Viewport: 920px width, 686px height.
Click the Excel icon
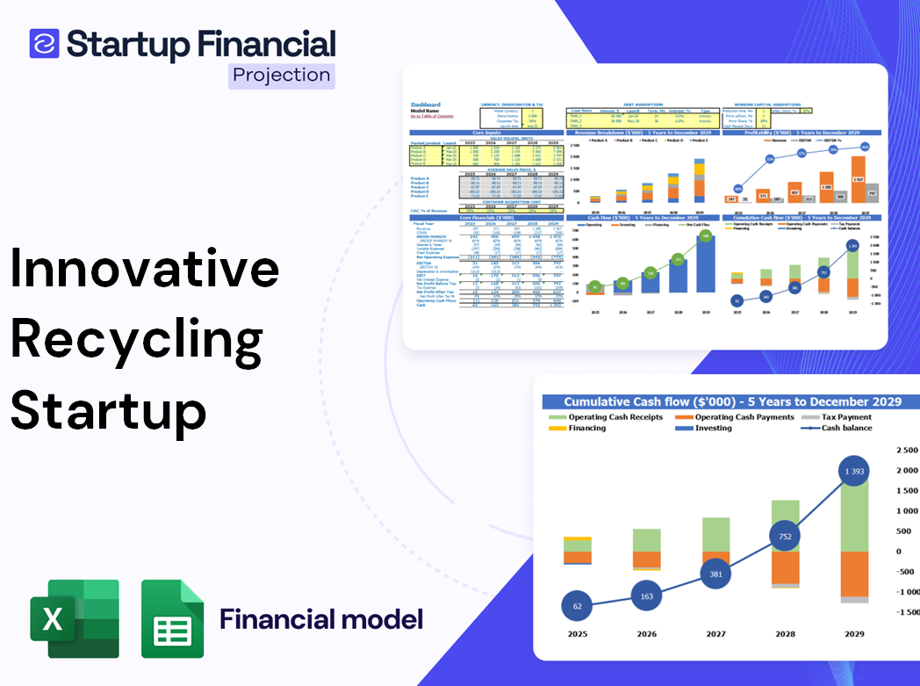75,618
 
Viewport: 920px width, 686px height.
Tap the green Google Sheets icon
173,618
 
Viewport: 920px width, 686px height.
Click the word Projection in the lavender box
282,75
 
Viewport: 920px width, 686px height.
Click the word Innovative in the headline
145,271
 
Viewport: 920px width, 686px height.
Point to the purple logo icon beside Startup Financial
44,44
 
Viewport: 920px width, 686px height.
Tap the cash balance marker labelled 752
786,537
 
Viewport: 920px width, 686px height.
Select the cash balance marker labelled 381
716,574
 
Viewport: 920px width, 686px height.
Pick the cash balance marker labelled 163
647,596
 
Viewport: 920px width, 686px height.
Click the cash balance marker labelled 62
578,606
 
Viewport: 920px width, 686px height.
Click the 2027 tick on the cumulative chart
716,634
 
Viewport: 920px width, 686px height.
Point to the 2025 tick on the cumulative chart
578,634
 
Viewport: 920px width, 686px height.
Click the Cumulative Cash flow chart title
732,401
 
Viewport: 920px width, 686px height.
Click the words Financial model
321,619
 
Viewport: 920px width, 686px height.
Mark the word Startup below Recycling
109,410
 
